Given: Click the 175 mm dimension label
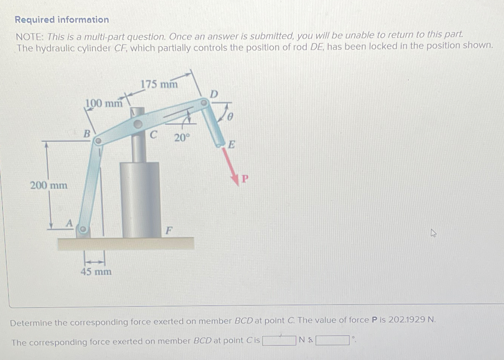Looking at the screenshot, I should tap(159, 84).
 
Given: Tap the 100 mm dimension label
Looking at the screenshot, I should tap(104, 103).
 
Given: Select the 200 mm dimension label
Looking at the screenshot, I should tap(49, 185).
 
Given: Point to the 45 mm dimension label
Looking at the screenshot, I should tap(96, 272).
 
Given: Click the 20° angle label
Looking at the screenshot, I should tap(182, 138).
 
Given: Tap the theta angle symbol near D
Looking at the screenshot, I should tap(230, 117).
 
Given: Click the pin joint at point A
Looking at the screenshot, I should tap(83, 229).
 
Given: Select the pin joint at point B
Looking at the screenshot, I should tap(97, 141).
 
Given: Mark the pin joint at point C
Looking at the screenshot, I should tap(138, 124).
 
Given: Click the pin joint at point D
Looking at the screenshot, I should tap(204, 102).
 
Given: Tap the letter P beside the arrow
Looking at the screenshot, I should tap(245, 179).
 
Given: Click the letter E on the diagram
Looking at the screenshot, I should tap(232, 145).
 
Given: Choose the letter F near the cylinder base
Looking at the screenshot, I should tap(169, 230).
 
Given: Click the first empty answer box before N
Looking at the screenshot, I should tap(279, 340).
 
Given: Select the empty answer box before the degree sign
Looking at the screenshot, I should tap(333, 340).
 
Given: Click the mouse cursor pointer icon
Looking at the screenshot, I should tap(433, 233).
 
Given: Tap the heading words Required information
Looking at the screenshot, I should tap(62, 19).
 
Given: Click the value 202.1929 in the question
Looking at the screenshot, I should tap(407, 320).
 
